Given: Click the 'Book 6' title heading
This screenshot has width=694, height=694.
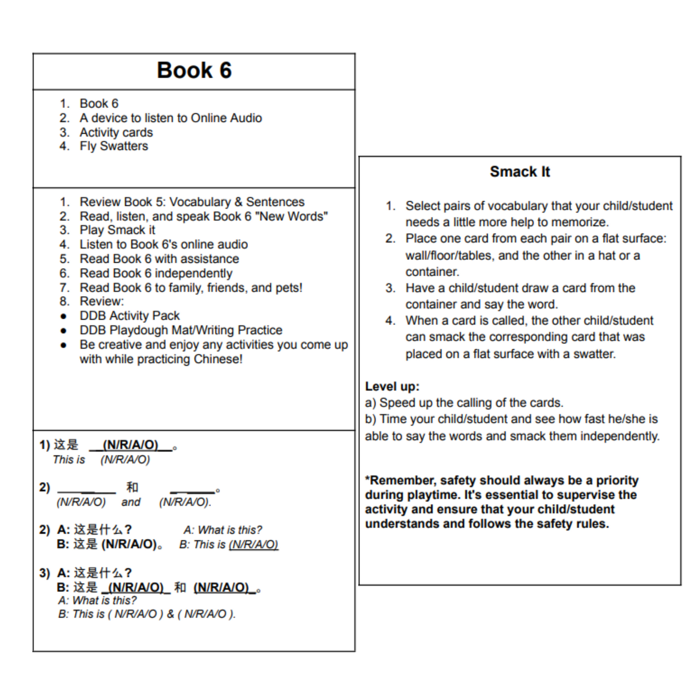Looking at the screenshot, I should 194,70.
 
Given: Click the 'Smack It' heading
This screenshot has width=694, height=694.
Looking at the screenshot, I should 520,172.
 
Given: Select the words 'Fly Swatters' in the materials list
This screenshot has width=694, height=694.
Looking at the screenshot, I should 114,146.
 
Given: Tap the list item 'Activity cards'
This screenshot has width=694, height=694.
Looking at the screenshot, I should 116,132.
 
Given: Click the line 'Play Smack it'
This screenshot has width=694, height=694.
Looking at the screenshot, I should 117,230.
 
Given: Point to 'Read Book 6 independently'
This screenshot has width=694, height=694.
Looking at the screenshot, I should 156,273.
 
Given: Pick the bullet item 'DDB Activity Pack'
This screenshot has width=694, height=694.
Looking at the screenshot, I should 130,316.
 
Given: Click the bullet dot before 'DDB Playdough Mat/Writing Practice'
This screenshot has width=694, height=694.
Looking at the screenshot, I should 63,330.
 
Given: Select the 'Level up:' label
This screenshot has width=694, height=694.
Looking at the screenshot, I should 392,386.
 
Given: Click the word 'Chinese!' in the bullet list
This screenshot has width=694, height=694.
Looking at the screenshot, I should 218,359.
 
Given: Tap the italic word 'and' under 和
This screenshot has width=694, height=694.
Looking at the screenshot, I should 131,502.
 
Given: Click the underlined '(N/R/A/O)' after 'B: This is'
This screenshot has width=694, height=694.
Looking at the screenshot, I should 254,545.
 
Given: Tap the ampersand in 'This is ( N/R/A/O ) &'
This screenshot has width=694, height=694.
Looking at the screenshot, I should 170,614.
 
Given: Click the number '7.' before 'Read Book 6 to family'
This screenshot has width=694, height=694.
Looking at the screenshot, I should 64,287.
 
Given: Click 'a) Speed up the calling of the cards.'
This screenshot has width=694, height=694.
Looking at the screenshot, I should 464,403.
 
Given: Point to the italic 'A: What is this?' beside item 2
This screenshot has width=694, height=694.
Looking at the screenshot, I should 223,530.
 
